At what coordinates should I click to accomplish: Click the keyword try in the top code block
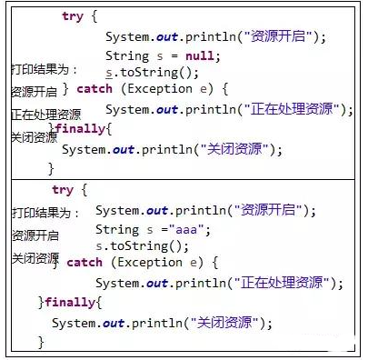coord(72,16)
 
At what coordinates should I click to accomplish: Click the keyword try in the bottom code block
coord(63,190)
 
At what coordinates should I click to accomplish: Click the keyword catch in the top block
coord(94,89)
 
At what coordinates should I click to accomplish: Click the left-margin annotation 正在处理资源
coord(45,115)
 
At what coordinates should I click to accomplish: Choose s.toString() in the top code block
coord(151,73)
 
